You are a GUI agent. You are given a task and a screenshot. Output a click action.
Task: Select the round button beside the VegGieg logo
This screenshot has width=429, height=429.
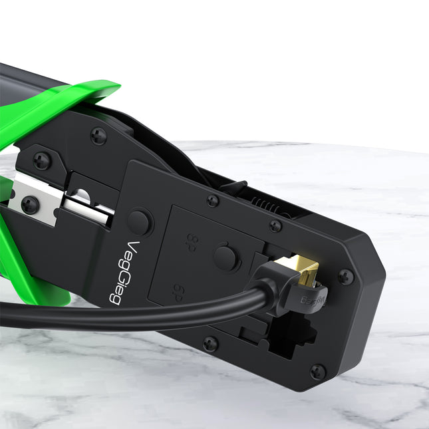140,221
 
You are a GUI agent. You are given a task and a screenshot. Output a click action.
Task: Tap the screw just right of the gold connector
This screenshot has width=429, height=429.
346,277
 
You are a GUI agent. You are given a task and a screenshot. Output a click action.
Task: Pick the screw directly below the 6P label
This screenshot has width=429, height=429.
210,343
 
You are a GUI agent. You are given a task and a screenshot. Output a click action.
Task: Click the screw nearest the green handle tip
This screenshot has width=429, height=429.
98,136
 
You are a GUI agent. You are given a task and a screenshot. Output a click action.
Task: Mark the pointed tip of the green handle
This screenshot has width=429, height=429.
116,86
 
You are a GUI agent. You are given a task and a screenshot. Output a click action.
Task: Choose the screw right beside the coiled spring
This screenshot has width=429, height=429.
275,226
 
